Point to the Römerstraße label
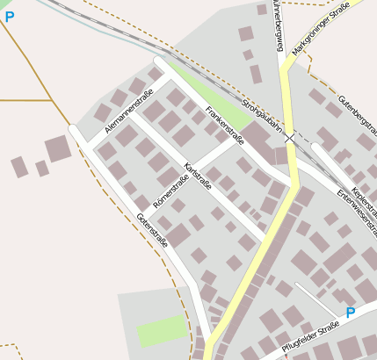click(170, 192)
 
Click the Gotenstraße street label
click(151, 230)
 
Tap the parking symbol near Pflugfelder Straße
click(350, 313)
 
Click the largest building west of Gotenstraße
click(59, 148)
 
